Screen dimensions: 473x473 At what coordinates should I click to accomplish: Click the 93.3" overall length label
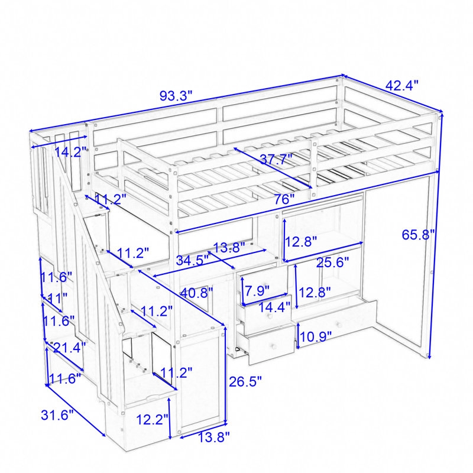(176, 96)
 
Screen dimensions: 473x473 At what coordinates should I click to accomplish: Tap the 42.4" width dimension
(402, 85)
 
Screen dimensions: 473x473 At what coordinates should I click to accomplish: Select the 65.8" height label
(418, 234)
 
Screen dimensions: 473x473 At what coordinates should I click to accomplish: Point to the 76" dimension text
(284, 199)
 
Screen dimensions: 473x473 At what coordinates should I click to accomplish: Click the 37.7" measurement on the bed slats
(276, 159)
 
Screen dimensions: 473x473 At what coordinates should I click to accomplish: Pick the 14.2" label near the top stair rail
(70, 152)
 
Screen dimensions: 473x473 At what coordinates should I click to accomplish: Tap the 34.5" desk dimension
(193, 260)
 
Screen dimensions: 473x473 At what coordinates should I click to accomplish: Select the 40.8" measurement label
(196, 293)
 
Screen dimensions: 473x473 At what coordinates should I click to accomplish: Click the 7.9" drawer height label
(257, 291)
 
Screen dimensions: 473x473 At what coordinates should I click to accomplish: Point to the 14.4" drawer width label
(274, 307)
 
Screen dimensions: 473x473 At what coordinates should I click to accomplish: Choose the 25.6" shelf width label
(332, 263)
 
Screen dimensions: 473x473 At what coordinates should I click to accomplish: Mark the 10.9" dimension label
(316, 336)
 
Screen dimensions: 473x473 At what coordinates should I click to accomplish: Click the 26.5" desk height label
(245, 381)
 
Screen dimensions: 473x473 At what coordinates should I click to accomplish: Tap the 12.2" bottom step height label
(152, 419)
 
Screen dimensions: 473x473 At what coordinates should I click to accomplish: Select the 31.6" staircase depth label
(57, 415)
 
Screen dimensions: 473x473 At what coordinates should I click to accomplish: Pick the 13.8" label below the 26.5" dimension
(213, 437)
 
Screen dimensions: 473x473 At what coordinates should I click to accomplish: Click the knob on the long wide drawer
(339, 325)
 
